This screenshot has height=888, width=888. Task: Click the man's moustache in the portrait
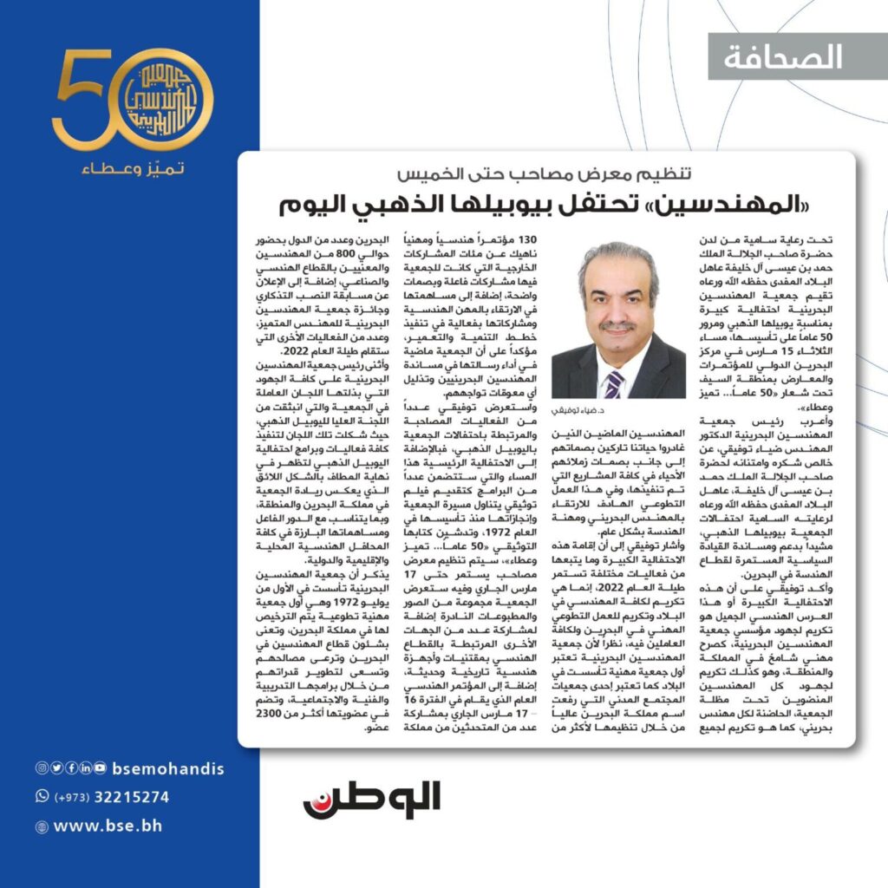tap(617, 327)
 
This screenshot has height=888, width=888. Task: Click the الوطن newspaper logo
tap(372, 800)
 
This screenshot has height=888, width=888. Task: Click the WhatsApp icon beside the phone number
tap(42, 797)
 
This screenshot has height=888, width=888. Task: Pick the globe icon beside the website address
tap(42, 827)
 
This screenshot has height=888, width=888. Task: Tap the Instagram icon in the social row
tap(41, 768)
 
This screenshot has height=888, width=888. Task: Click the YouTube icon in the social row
tap(101, 768)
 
